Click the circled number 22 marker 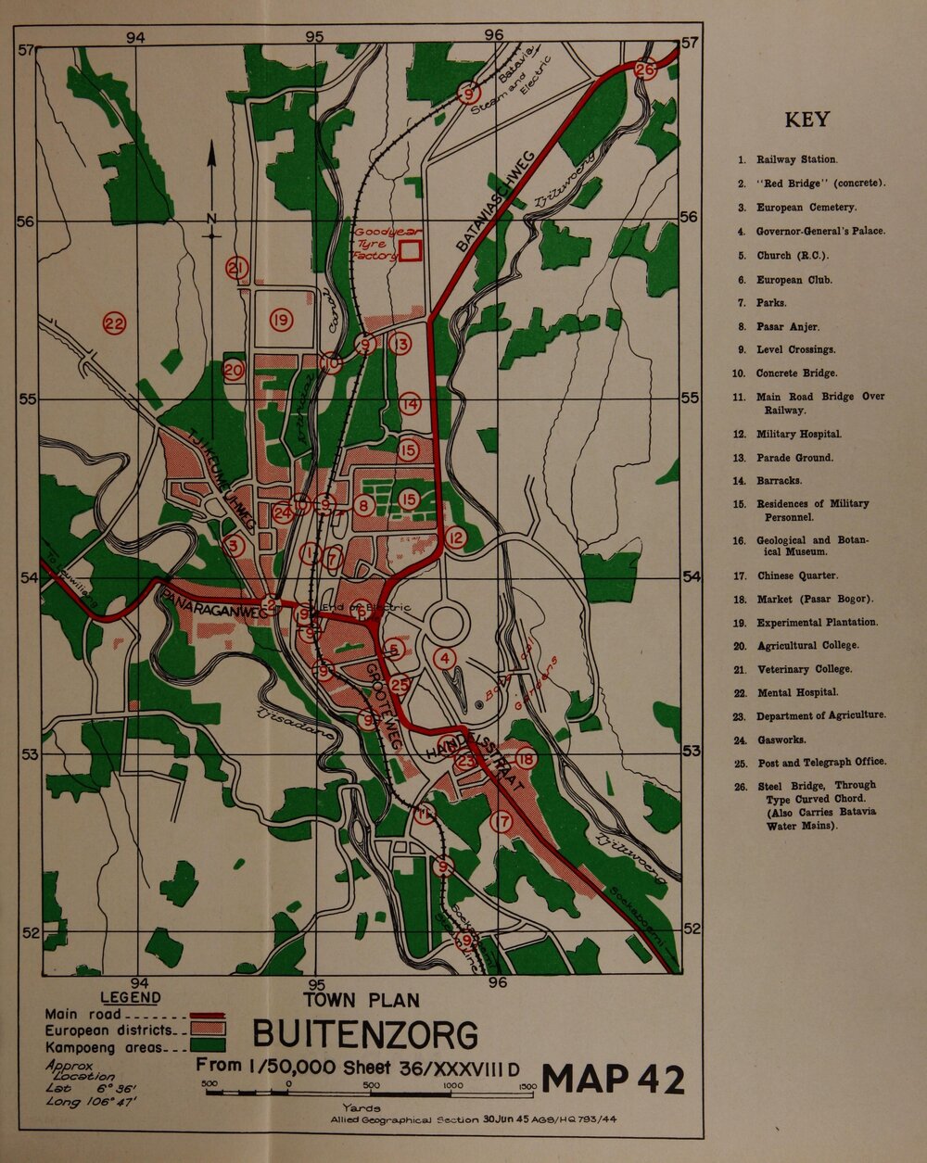(x=114, y=323)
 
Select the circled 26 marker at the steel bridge (x=646, y=70)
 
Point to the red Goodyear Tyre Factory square (x=411, y=249)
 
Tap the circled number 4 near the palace (x=446, y=659)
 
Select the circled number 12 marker (x=455, y=537)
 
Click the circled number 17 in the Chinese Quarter (x=502, y=821)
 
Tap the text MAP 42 (x=614, y=1080)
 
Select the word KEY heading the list (x=806, y=120)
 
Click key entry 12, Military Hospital (x=799, y=434)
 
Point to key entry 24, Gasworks (x=781, y=740)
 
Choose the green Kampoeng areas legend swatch (x=208, y=1046)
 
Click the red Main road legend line (x=208, y=1014)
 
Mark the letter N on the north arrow (x=211, y=220)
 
